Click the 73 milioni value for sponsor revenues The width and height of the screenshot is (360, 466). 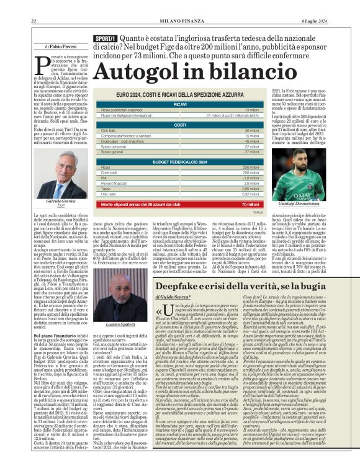pos(251,110)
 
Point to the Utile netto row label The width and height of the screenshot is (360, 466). pos(110,194)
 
